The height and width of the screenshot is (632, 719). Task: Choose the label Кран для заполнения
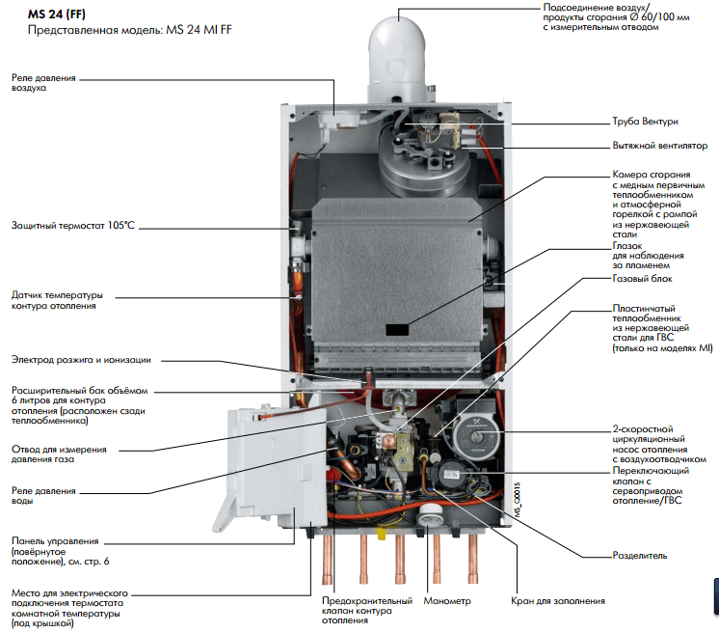pyautogui.click(x=558, y=601)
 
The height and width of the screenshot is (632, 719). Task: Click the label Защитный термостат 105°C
pyautogui.click(x=72, y=226)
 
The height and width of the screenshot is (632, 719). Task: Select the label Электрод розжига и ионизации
pyautogui.click(x=81, y=360)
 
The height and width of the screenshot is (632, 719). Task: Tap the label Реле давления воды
pyautogui.click(x=42, y=497)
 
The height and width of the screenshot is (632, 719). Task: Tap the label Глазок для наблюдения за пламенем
pyautogui.click(x=648, y=256)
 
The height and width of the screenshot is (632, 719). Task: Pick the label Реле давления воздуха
pyautogui.click(x=43, y=82)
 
